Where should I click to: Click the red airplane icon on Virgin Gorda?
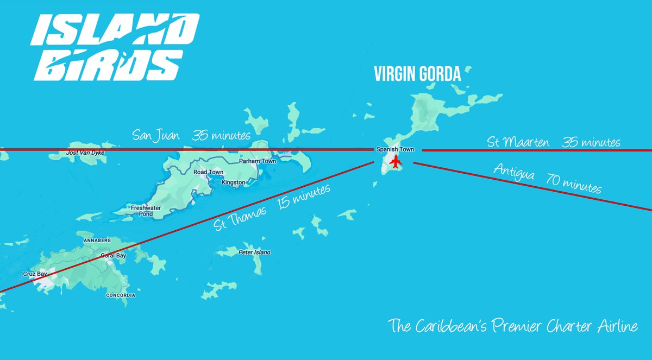395,161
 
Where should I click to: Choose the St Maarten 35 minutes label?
553,142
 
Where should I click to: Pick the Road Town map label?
209,172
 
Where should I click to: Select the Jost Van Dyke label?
85,153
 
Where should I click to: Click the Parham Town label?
257,161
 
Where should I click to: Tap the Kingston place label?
233,183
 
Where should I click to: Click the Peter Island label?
254,252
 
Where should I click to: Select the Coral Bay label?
114,255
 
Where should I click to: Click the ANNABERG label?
97,240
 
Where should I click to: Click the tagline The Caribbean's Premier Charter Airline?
512,327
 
